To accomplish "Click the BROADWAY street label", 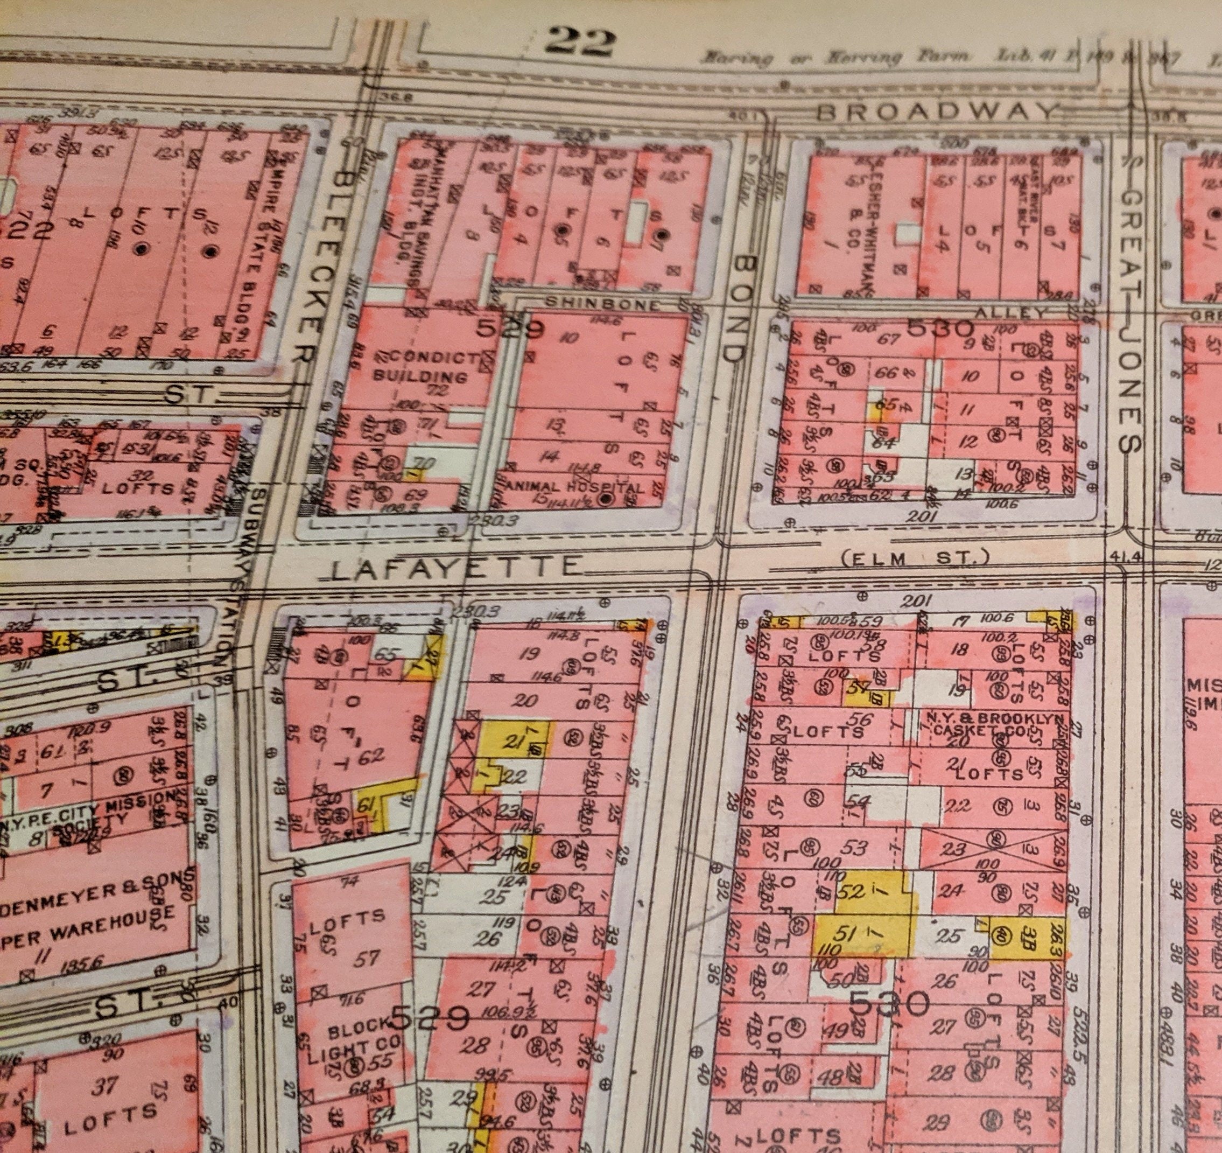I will [939, 111].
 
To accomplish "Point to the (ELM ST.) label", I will [915, 558].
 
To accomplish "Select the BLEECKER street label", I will [318, 258].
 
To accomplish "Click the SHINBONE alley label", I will [602, 304].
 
